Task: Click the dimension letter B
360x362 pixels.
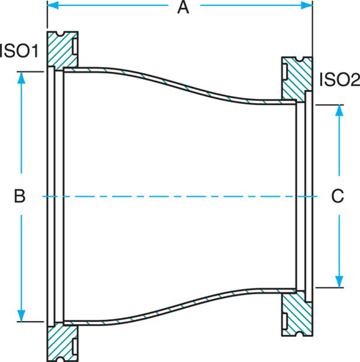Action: [x=20, y=196]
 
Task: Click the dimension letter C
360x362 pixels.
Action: [x=338, y=196]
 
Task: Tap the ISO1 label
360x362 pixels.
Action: [x=19, y=51]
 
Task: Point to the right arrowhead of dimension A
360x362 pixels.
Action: [x=308, y=6]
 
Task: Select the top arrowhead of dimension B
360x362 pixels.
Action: [x=22, y=78]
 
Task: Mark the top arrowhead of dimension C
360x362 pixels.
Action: [x=340, y=110]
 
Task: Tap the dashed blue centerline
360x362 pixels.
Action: [x=181, y=197]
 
